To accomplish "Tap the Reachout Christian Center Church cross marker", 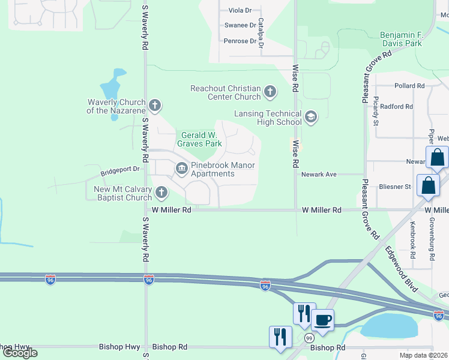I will pos(270,92).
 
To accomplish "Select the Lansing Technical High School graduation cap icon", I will pos(310,117).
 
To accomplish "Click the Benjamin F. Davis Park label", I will pos(401,40).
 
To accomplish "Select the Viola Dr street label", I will pos(241,11).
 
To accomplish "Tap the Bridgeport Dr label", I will pos(120,169).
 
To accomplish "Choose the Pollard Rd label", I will pos(410,86).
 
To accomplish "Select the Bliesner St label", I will pos(394,187).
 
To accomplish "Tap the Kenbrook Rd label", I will pos(412,238).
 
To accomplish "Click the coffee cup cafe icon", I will pos(322,320).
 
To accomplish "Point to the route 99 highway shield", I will pos(309,338).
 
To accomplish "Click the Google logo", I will pos(20,353).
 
